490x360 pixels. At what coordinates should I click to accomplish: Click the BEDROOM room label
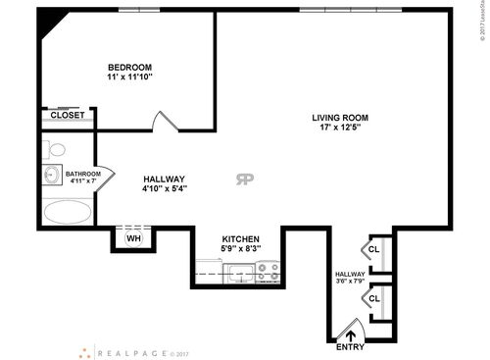130,66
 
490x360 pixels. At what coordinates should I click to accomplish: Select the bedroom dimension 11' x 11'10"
130,77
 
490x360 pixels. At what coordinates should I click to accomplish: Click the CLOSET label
67,116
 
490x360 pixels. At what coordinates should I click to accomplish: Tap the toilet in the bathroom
56,150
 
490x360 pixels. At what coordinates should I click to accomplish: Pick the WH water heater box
134,237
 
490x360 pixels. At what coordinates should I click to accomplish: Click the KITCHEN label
239,238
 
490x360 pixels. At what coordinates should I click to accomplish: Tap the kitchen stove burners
269,272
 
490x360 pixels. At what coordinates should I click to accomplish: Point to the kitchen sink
239,275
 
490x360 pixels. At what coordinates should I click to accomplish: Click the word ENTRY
350,347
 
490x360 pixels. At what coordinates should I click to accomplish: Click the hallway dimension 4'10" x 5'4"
165,188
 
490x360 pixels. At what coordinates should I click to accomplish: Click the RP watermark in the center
242,179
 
